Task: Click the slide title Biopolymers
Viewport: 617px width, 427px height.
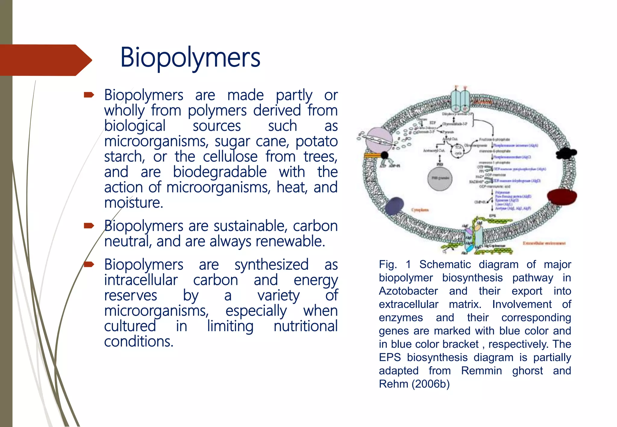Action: click(x=190, y=58)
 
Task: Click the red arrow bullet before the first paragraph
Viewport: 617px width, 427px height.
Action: click(x=89, y=95)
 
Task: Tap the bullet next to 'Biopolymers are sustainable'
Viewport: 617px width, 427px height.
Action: click(x=89, y=226)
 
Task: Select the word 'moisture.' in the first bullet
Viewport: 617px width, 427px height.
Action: click(x=133, y=203)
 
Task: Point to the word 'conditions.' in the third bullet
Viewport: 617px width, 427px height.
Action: click(x=139, y=342)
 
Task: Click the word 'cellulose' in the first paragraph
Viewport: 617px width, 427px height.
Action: click(x=230, y=157)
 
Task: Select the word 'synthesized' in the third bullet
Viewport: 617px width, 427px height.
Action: click(x=271, y=265)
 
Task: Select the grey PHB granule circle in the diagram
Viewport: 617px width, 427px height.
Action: click(x=440, y=178)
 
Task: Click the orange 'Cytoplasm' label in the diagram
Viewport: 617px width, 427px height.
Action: click(x=420, y=210)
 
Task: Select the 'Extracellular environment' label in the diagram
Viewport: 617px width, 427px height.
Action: click(x=544, y=243)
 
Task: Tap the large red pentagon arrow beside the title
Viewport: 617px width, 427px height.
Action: click(x=45, y=60)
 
